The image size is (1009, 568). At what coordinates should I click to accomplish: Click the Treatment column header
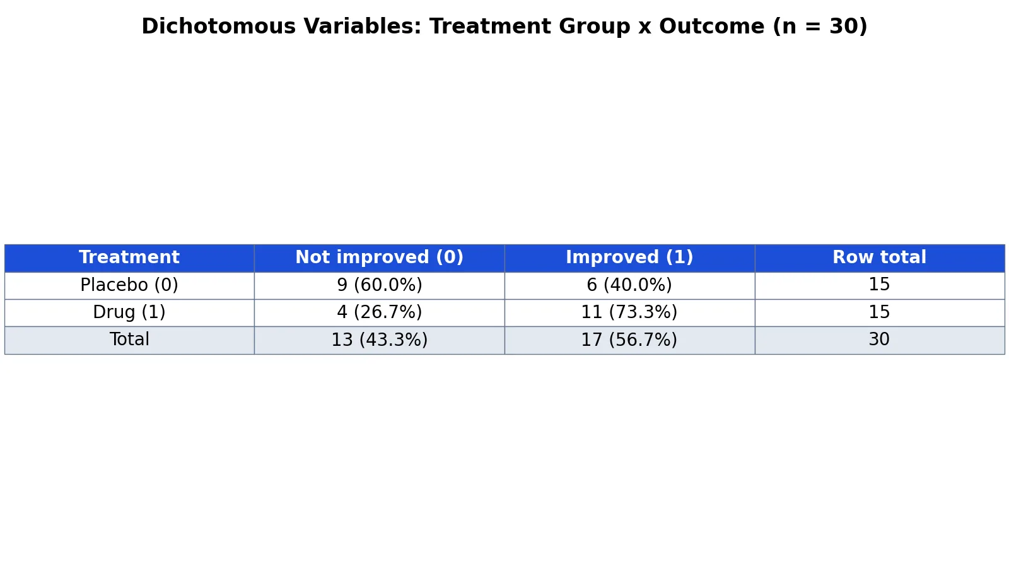[129, 257]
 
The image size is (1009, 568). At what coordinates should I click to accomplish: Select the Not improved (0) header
[379, 257]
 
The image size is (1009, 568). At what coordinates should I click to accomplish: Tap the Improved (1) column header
[629, 257]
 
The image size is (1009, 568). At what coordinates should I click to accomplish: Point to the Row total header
[879, 257]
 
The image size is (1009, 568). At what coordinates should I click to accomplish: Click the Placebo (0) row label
[129, 285]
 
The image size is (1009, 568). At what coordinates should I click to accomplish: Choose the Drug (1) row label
[129, 312]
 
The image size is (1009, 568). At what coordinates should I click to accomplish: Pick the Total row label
[129, 339]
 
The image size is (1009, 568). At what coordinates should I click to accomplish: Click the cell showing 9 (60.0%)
[379, 285]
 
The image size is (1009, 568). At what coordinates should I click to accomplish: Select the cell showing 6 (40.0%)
[629, 285]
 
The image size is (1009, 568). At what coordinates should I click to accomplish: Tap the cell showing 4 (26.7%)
[379, 312]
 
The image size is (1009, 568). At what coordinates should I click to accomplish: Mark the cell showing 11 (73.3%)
[629, 312]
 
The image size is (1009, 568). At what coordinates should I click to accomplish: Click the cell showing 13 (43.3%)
[379, 340]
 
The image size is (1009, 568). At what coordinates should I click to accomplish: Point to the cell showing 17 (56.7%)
[629, 340]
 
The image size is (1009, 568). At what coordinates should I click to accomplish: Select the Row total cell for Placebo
[879, 285]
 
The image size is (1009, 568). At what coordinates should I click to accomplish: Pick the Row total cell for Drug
[879, 312]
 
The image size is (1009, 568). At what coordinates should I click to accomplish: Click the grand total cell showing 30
[879, 339]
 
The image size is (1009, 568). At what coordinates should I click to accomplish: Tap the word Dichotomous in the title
[218, 26]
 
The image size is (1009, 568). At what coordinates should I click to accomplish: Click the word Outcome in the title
[712, 26]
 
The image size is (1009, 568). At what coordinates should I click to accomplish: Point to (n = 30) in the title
[820, 26]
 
